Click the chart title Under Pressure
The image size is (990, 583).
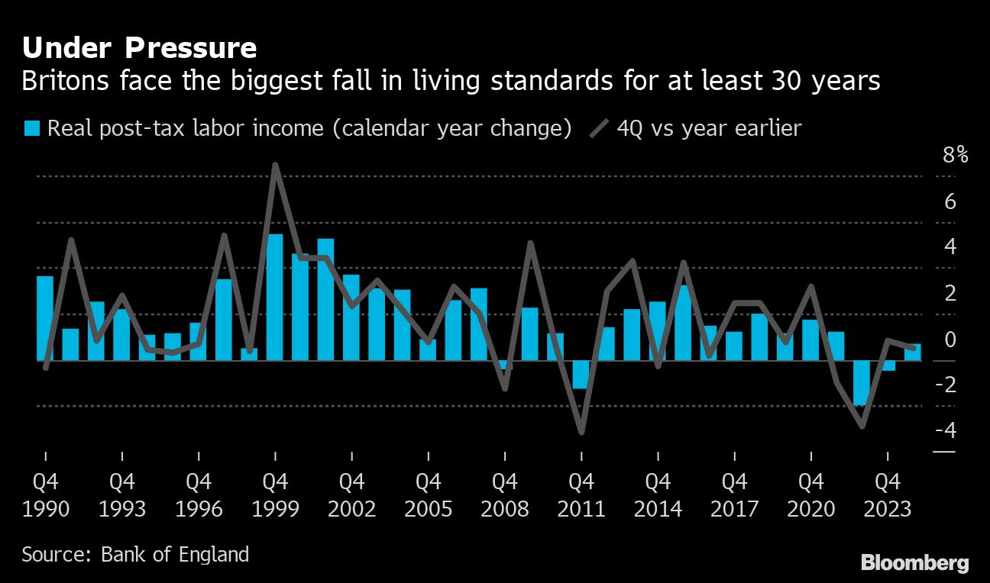139,48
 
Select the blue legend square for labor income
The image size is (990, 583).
31,128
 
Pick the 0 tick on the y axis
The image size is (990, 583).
950,339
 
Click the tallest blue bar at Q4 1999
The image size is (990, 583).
275,298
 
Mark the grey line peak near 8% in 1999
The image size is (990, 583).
275,166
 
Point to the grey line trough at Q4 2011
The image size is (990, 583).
581,432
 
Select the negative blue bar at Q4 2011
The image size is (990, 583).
581,375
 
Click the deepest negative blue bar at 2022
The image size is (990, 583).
862,383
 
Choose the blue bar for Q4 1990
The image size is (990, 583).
45,318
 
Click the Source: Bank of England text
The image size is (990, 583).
135,554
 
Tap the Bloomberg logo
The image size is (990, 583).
914,563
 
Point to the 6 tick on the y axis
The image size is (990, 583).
950,202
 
